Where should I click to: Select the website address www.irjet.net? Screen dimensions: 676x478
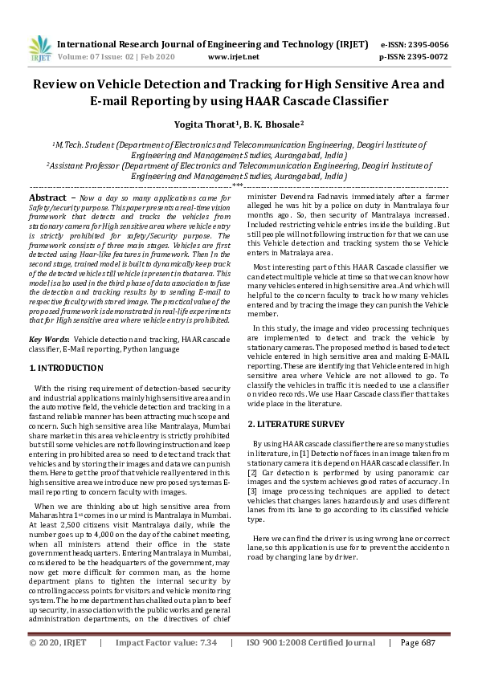tap(233, 57)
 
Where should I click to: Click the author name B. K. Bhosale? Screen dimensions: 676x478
tap(274, 124)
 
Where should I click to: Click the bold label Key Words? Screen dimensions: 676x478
tap(51, 340)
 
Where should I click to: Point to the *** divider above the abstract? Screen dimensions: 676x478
tap(238, 185)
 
